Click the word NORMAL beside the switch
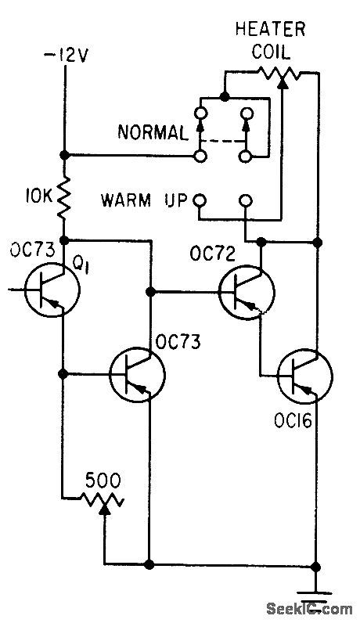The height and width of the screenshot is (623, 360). click(x=153, y=132)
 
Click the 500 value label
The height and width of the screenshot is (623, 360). click(x=103, y=477)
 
